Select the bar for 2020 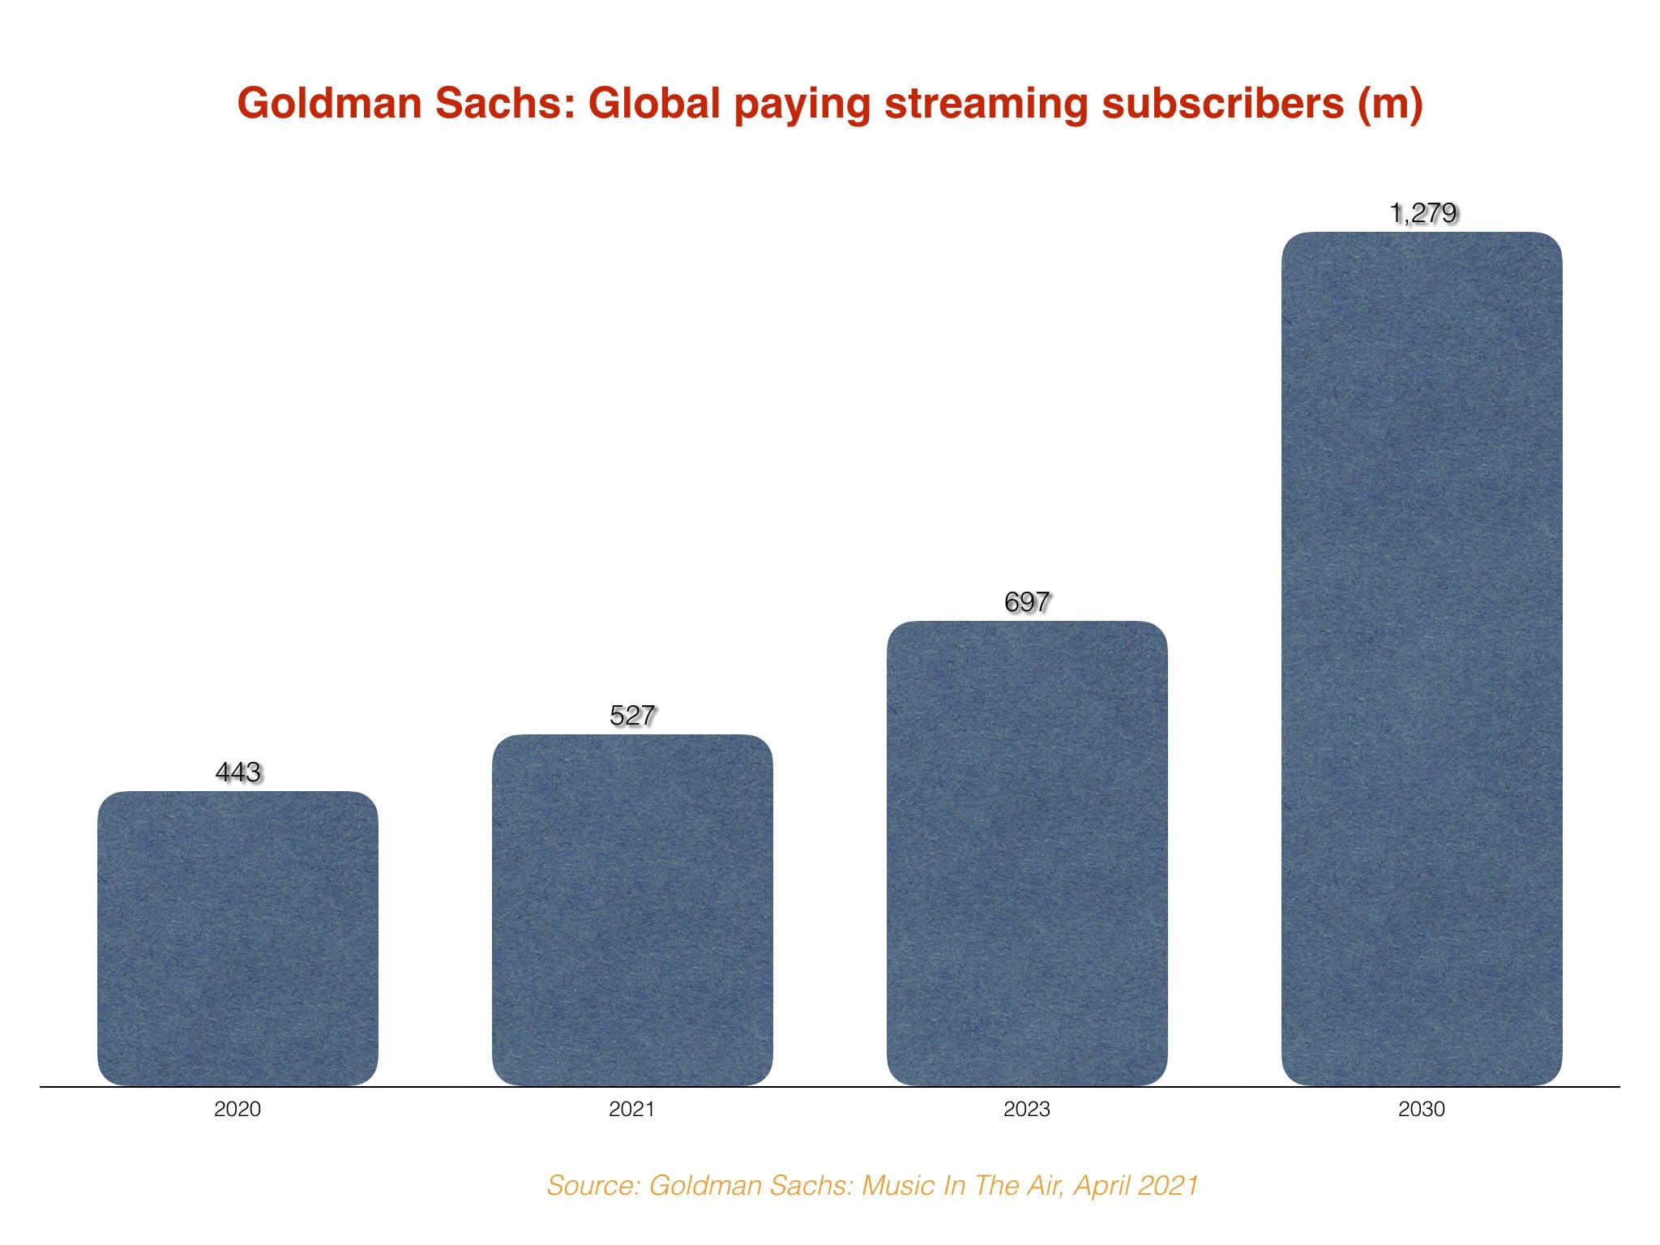tap(237, 938)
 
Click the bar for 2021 tap(632, 909)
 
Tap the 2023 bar tap(1027, 853)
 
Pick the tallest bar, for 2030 tap(1422, 658)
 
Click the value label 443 tap(238, 772)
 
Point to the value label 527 tap(632, 715)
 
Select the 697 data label tap(1027, 601)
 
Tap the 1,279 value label tap(1423, 213)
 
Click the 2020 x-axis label tap(237, 1109)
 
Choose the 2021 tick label tap(632, 1109)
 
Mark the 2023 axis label tap(1027, 1109)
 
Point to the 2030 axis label tap(1422, 1109)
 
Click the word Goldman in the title tap(329, 104)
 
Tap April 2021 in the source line tap(1136, 1186)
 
